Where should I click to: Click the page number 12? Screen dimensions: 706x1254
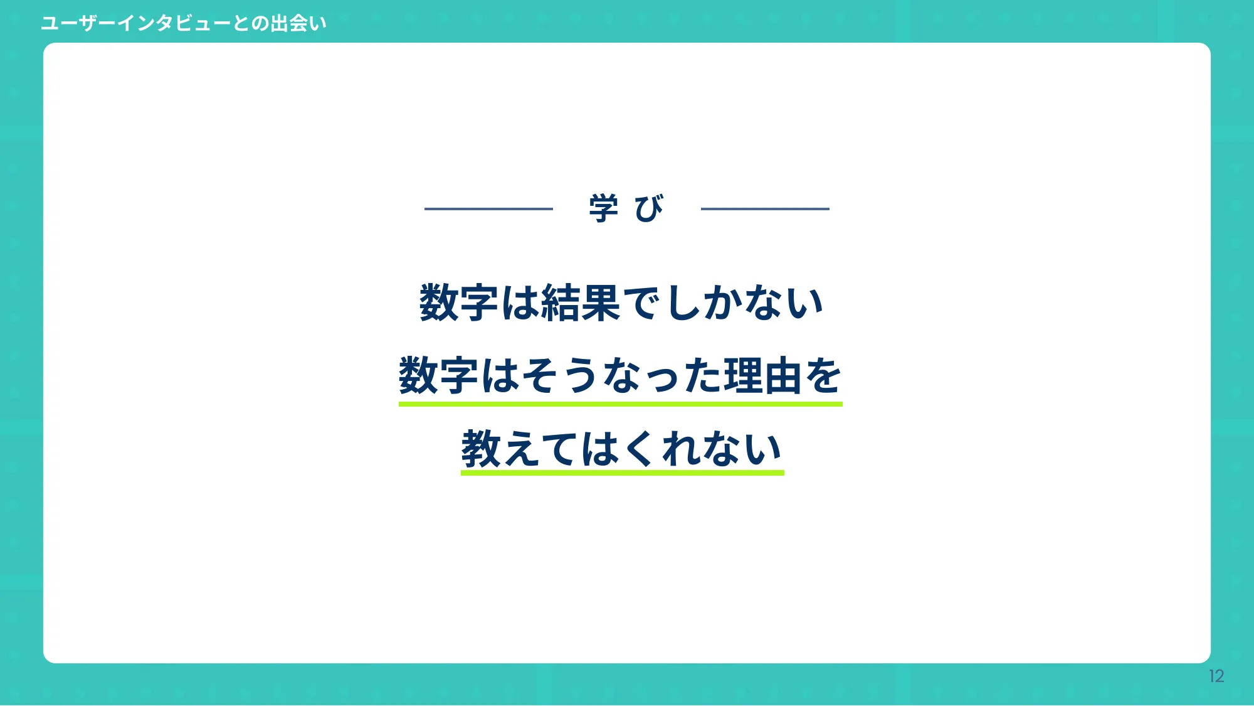(1216, 676)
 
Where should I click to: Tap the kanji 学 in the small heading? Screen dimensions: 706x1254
(603, 208)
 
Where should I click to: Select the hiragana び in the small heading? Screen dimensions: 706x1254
(649, 208)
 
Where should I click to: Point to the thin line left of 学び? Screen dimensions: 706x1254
(488, 209)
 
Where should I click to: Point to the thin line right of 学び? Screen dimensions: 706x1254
(765, 209)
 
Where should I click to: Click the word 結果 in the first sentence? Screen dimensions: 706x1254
(581, 303)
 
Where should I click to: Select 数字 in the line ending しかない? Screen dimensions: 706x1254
(458, 303)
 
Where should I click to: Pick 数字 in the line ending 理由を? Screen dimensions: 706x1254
(438, 375)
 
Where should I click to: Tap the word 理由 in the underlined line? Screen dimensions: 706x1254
(762, 375)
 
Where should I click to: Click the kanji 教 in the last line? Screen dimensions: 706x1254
(480, 449)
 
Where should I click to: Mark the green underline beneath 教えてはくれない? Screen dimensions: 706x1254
(622, 473)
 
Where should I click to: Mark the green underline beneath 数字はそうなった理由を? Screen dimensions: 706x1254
(620, 404)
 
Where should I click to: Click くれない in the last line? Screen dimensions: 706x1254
(702, 449)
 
